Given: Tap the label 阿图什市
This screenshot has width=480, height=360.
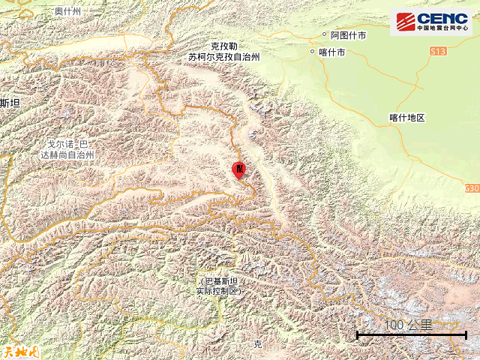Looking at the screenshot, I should point(349,35).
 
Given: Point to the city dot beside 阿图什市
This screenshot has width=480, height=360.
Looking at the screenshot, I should point(325,35).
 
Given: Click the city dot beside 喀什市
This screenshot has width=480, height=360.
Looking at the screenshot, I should point(312,52).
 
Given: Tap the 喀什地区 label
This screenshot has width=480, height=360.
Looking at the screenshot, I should point(407,118).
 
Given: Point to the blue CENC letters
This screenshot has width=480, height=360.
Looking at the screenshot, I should point(442,18).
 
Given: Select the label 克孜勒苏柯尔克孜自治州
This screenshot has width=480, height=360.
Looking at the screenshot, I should point(223,51).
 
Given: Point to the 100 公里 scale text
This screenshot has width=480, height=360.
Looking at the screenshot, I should point(409,325).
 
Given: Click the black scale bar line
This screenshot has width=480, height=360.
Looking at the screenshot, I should point(411,334).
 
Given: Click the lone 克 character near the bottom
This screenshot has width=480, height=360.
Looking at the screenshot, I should point(257,344).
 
